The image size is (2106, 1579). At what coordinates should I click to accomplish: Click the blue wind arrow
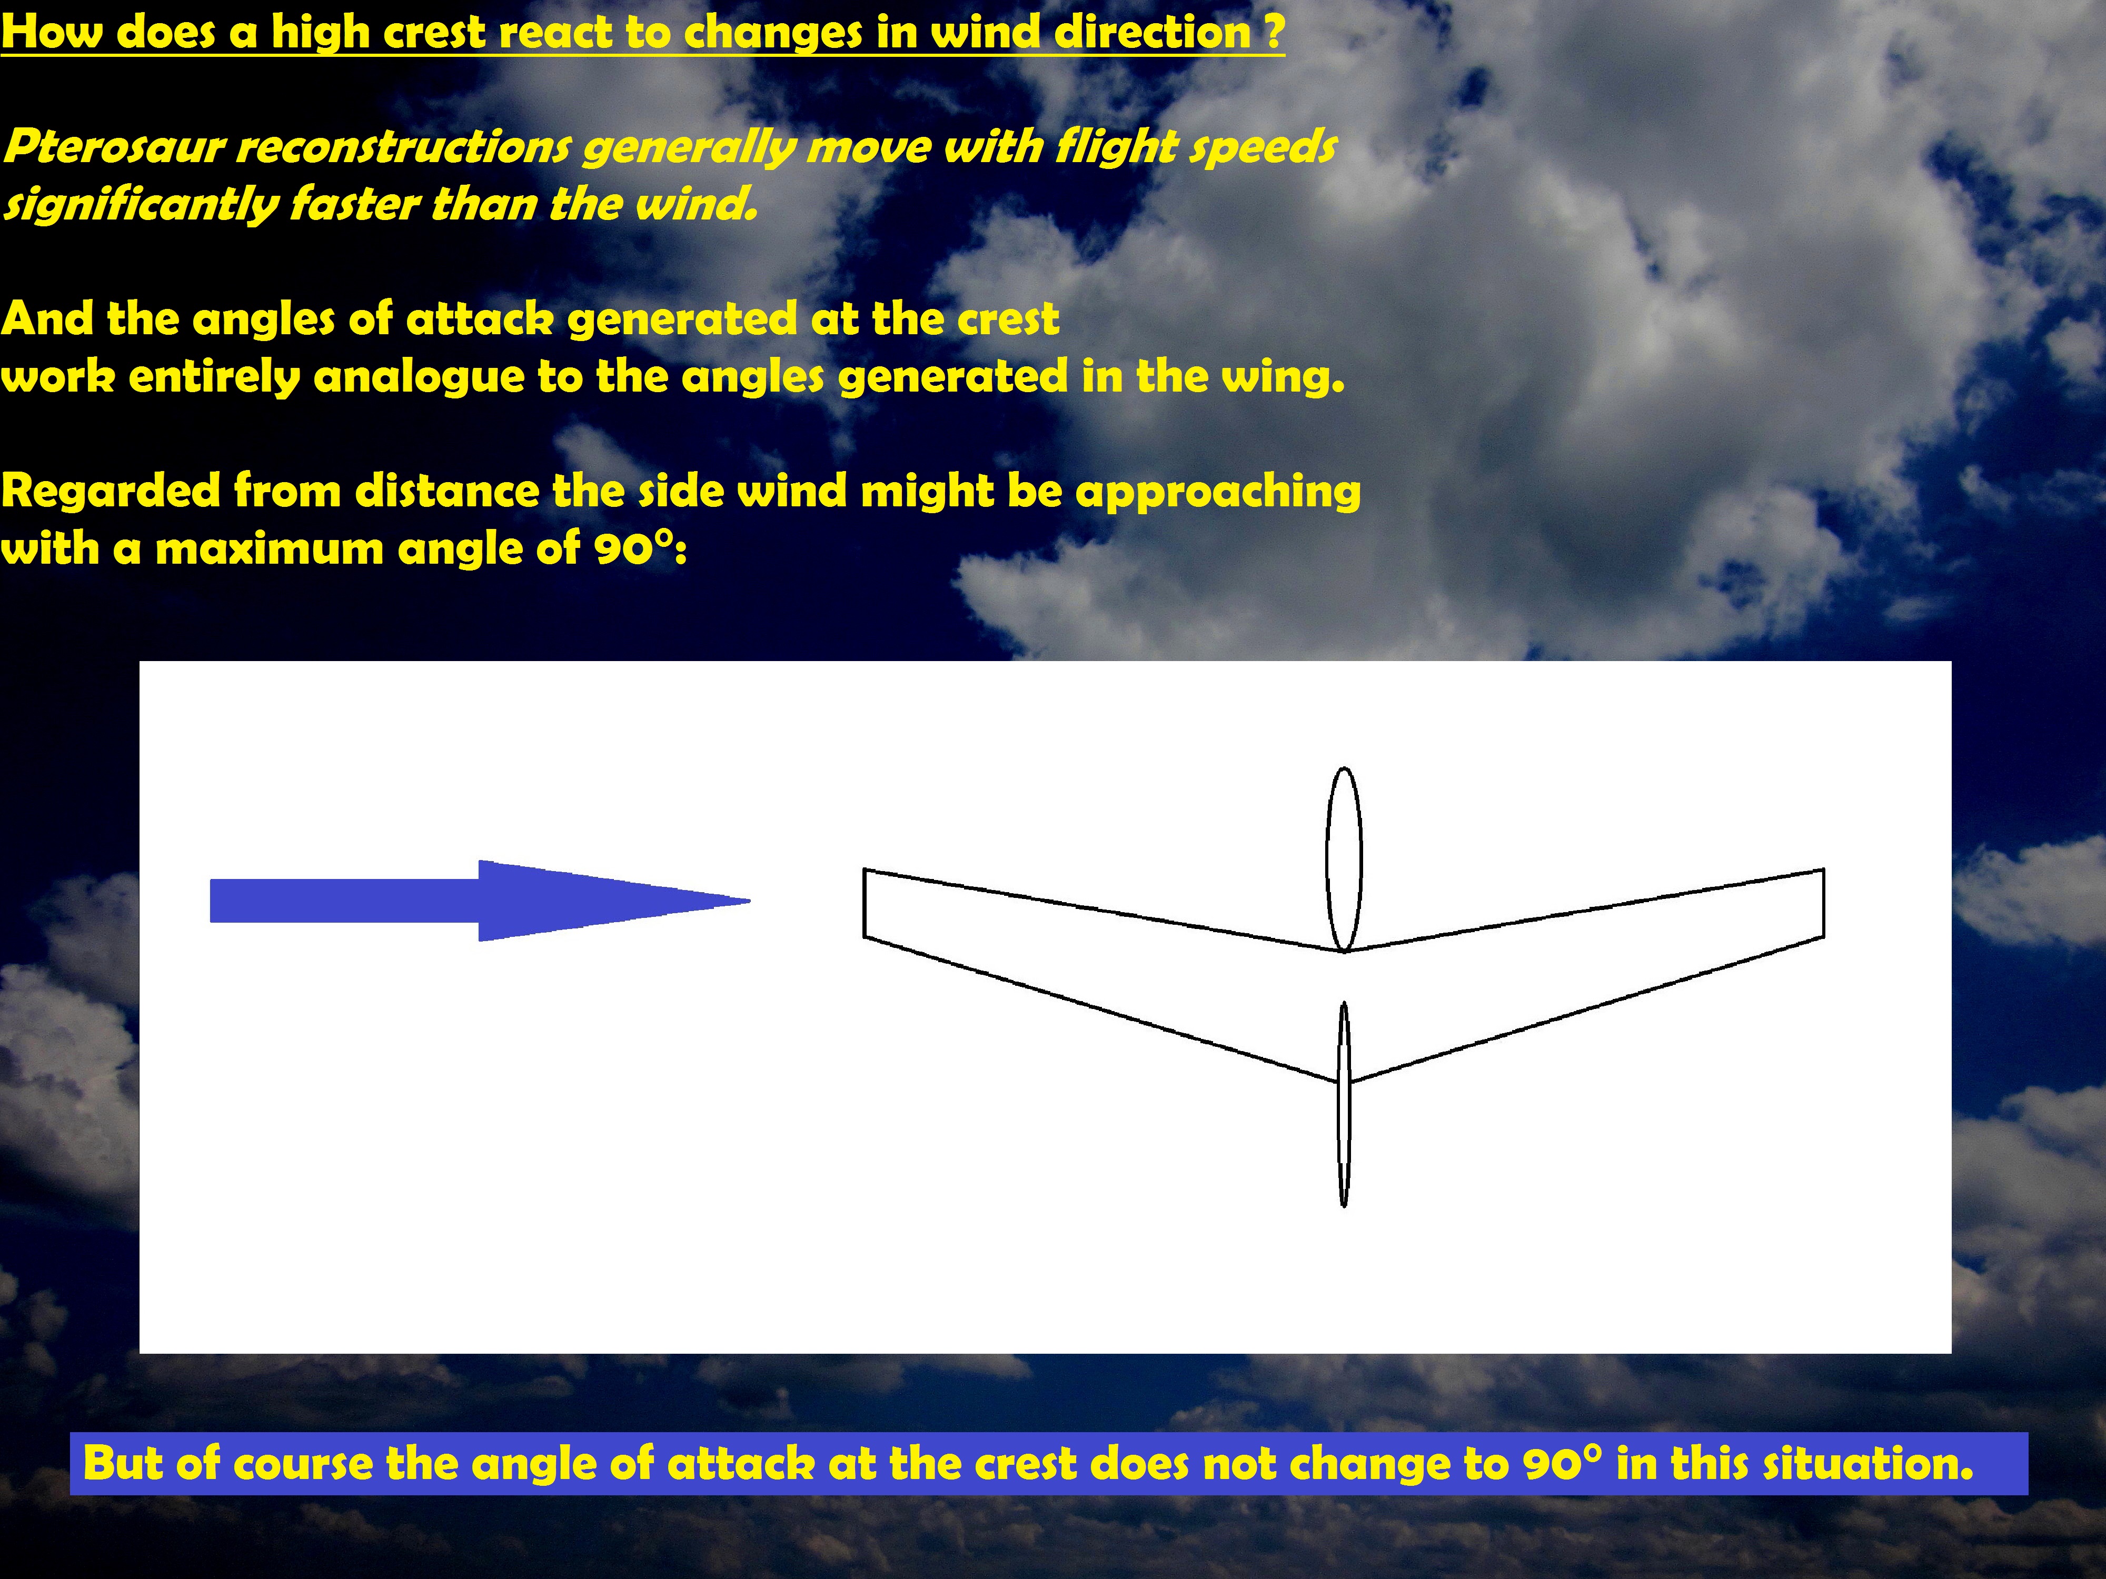click(480, 901)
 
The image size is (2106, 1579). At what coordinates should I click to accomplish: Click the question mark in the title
click(1275, 32)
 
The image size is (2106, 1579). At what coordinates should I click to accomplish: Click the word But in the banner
click(124, 1463)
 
